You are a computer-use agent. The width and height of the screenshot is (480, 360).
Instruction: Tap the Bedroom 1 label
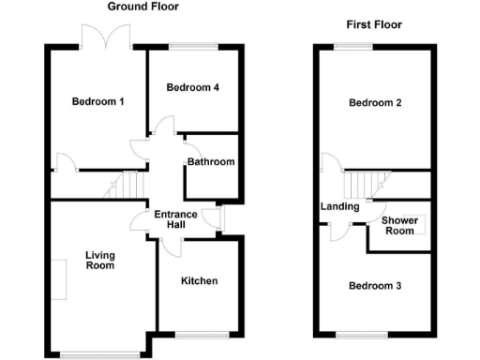click(97, 101)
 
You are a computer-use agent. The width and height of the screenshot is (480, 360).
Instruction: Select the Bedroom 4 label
click(193, 88)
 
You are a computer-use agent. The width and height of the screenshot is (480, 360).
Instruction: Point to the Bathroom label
click(211, 162)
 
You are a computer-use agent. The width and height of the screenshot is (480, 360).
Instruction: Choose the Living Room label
click(99, 260)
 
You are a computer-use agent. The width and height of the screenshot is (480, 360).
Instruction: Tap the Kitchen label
click(199, 280)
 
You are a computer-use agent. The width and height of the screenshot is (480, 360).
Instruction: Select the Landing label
click(339, 206)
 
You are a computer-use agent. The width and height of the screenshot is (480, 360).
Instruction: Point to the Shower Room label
click(398, 226)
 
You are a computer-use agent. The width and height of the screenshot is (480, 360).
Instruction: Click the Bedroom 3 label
click(375, 286)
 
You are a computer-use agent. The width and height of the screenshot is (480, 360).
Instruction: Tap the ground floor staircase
click(122, 185)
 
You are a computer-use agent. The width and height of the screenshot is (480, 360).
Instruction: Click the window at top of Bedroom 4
click(193, 47)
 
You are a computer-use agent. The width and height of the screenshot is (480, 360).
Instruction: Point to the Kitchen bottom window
click(196, 335)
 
